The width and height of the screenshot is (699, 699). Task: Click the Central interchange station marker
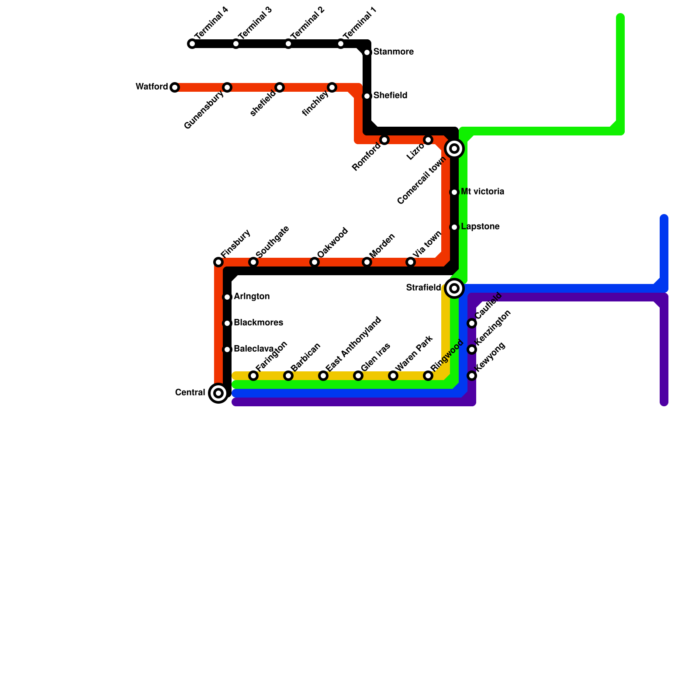218,393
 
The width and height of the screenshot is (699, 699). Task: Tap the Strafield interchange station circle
454,288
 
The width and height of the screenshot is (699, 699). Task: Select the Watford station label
152,87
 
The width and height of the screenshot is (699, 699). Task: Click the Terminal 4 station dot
192,44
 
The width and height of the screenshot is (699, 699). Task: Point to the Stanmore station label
393,52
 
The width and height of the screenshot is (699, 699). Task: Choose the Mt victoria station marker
454,192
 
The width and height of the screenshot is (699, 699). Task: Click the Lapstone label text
480,227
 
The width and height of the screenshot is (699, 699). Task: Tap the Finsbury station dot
218,262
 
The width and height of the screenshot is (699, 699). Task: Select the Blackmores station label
258,323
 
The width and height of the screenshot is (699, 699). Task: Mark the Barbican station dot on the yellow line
288,376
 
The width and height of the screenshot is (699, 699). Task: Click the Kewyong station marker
472,376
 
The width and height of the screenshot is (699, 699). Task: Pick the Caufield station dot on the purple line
472,323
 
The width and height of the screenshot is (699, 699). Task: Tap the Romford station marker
384,140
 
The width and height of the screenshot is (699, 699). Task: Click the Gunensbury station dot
227,87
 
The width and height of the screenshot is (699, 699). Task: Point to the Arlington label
251,297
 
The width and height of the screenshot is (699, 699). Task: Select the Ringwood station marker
428,376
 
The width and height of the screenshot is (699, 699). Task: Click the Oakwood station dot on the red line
315,262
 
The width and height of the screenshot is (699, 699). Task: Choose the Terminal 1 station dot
341,44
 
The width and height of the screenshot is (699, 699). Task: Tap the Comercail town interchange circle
454,149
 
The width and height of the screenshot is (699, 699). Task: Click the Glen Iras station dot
358,376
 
